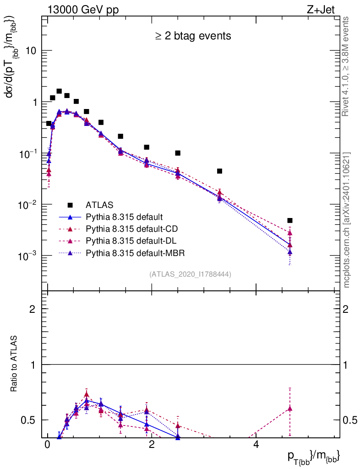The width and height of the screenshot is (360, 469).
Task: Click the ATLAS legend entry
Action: (99, 205)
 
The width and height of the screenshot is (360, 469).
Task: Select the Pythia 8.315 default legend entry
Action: (124, 217)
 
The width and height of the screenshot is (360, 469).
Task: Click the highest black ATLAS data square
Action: (59, 91)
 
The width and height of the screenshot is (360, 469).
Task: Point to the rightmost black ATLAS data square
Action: (289, 220)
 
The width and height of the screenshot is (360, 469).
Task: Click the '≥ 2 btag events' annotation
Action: (193, 36)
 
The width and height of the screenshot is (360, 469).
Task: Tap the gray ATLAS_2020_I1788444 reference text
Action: (190, 274)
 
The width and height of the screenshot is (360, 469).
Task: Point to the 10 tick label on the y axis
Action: (30, 51)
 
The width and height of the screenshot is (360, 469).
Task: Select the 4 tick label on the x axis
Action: (256, 445)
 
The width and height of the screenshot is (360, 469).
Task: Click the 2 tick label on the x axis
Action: (152, 445)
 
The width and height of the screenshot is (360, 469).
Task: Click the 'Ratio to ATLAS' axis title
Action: (14, 365)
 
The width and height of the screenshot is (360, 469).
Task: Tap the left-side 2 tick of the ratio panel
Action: (33, 309)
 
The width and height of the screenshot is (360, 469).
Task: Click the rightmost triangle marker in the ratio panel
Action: (289, 409)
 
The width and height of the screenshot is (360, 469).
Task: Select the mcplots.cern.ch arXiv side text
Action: (347, 220)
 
